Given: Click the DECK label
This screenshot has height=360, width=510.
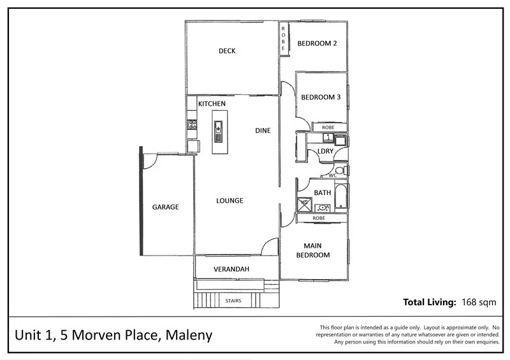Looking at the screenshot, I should point(226,51).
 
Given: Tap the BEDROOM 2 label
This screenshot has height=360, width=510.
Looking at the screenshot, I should point(317,43).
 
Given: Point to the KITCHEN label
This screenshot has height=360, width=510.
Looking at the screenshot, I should point(211,103).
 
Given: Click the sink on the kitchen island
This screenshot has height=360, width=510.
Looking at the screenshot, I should point(218,133).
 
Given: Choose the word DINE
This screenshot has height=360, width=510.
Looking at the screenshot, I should point(263,131).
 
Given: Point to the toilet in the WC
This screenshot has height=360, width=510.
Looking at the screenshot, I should point(342,170).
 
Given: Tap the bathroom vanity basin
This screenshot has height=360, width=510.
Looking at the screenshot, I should point(323,207).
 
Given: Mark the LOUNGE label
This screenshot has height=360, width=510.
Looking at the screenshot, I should point(229,201).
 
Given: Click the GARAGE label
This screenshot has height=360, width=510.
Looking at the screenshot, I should point(165,207).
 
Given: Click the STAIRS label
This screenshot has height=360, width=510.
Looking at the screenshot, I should point(233,301).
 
